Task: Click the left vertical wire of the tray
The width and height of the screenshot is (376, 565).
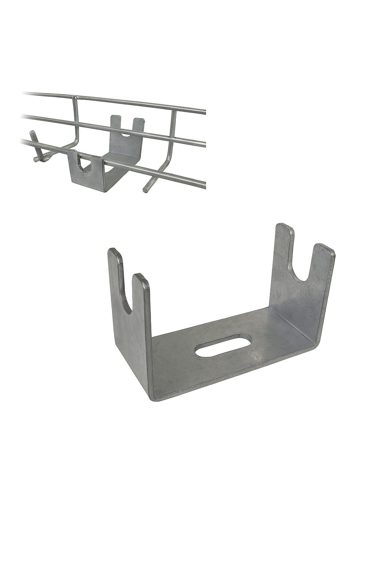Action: click(75, 118)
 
